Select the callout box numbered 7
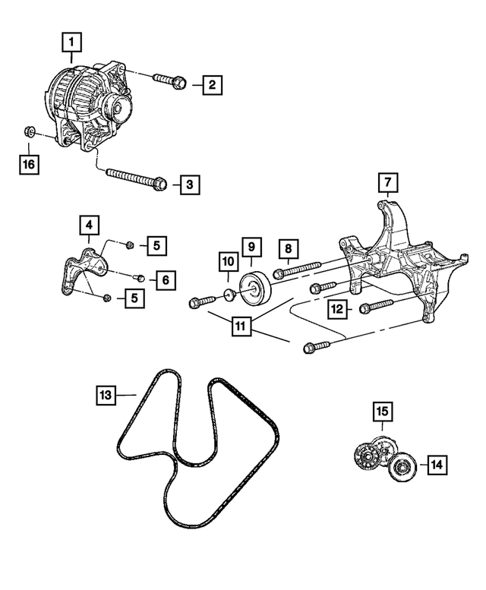[387, 182]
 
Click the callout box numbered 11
[241, 327]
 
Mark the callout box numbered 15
[383, 412]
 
